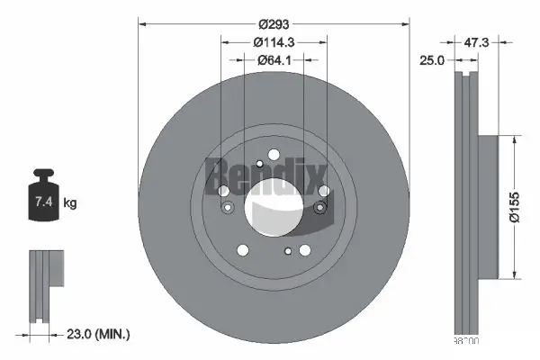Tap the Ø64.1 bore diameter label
click(x=274, y=60)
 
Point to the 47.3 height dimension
click(x=476, y=41)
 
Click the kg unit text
click(x=71, y=203)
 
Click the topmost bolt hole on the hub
click(x=259, y=164)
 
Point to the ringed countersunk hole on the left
click(x=228, y=210)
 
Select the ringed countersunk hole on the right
click(x=319, y=210)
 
